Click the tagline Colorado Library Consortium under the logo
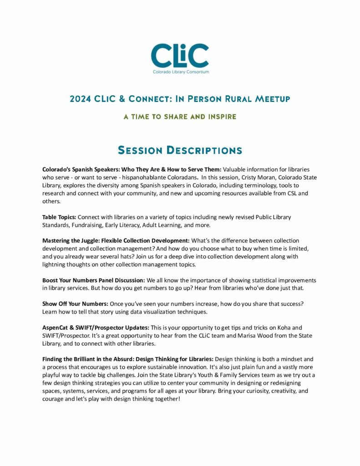180,72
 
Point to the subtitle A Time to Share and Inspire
180,117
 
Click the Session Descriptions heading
180,150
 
